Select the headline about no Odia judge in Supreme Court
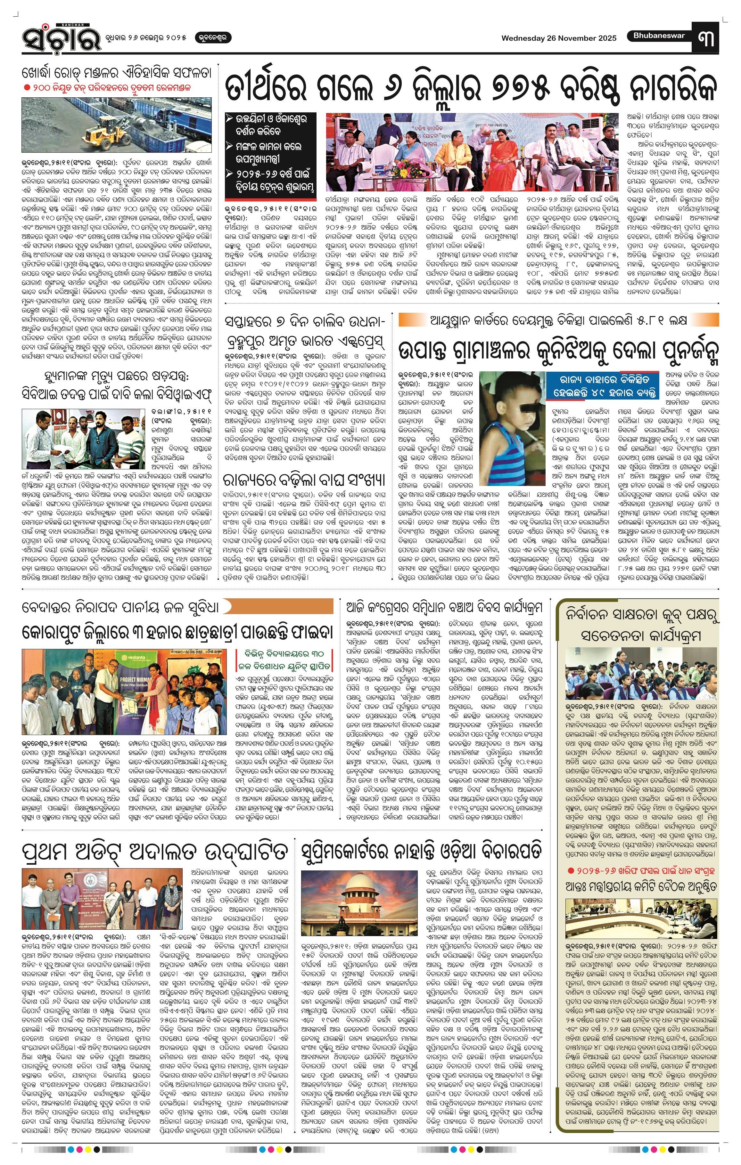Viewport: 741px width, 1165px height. (x=421, y=851)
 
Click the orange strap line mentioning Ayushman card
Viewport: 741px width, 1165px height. (x=558, y=320)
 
